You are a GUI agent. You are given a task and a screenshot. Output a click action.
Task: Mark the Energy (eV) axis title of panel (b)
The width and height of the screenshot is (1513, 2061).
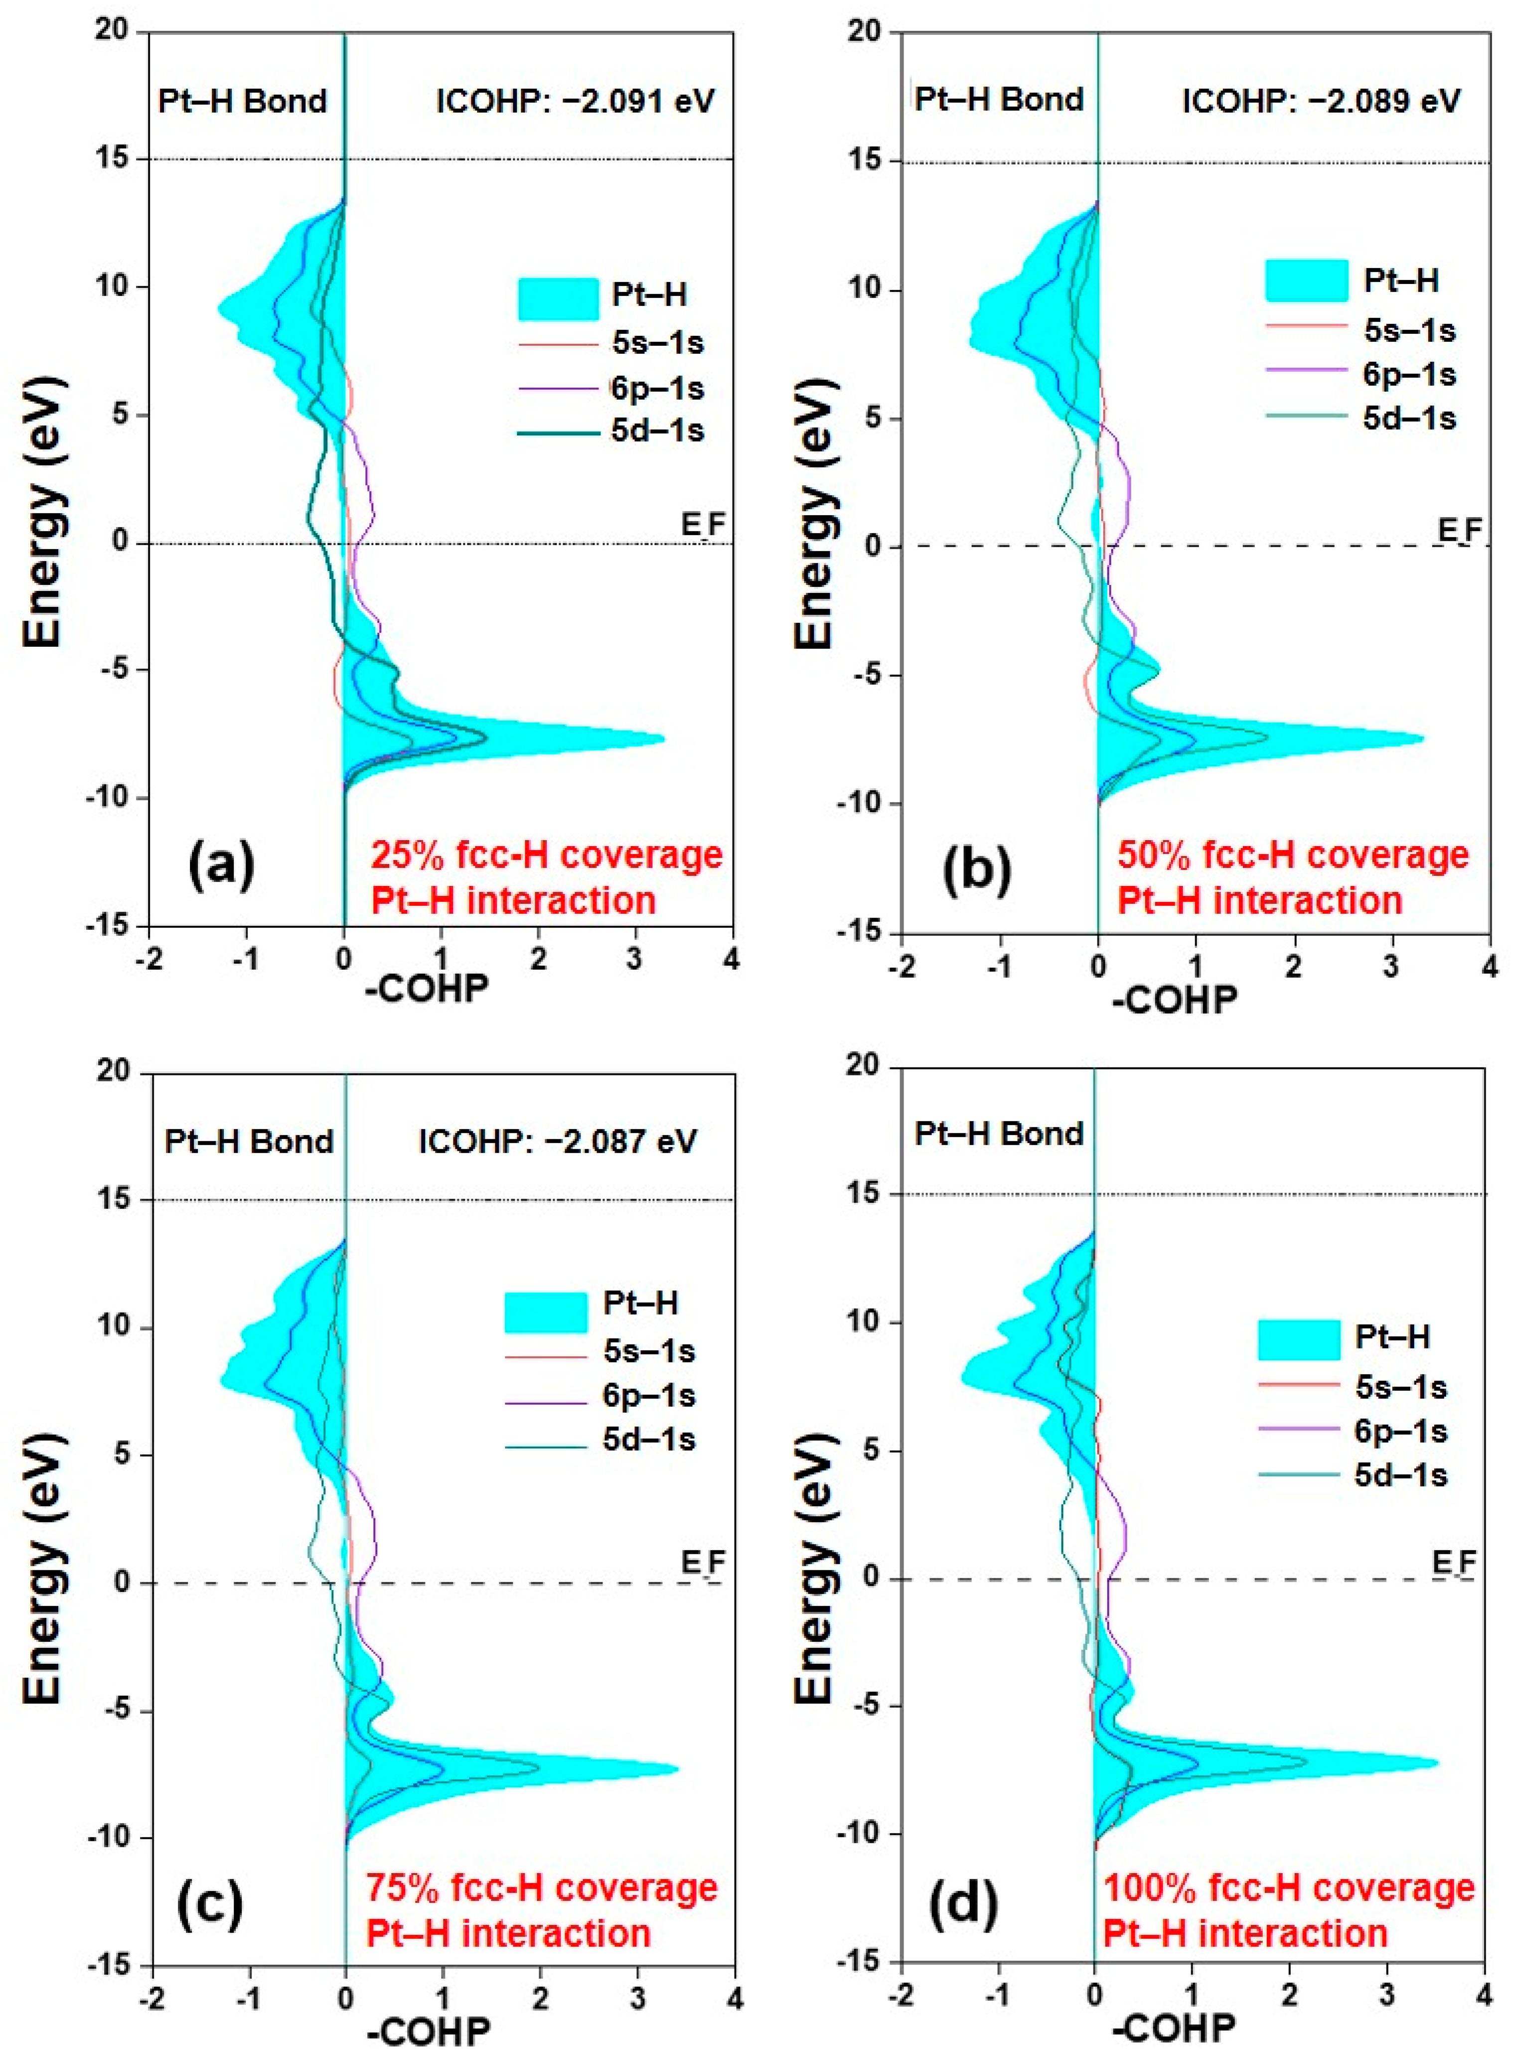(815, 513)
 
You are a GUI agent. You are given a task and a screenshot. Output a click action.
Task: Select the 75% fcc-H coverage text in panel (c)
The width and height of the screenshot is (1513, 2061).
(542, 1888)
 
